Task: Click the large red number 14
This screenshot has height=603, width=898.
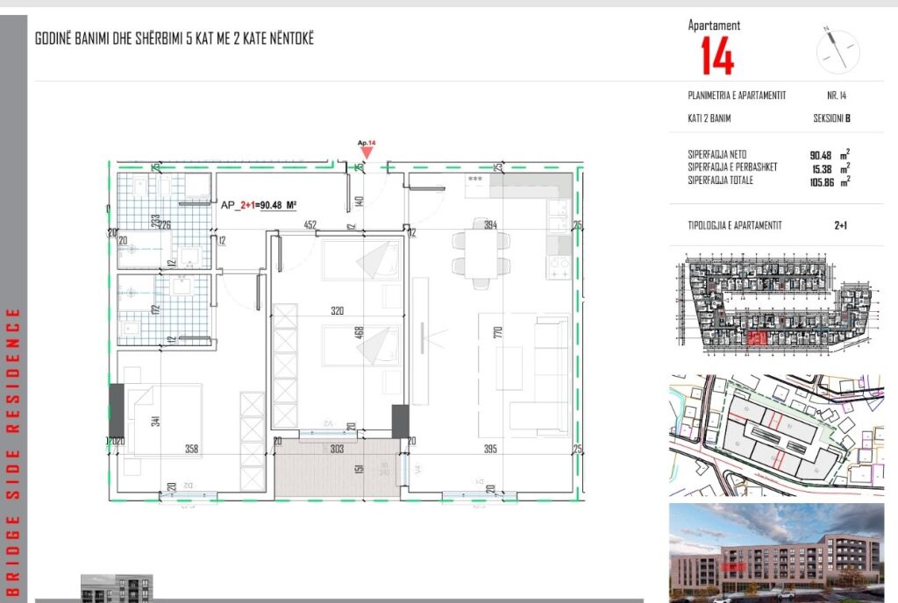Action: click(716, 56)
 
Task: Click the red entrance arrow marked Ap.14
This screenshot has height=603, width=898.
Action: click(367, 153)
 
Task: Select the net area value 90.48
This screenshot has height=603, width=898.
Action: click(820, 155)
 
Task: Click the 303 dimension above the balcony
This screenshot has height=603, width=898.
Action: click(339, 449)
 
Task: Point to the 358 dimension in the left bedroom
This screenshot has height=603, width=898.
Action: click(192, 449)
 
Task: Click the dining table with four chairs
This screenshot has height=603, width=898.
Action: click(481, 255)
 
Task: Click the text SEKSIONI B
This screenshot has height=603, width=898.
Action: click(831, 118)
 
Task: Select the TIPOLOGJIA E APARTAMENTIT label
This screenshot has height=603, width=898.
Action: click(735, 225)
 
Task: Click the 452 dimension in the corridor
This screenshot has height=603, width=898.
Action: click(310, 224)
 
